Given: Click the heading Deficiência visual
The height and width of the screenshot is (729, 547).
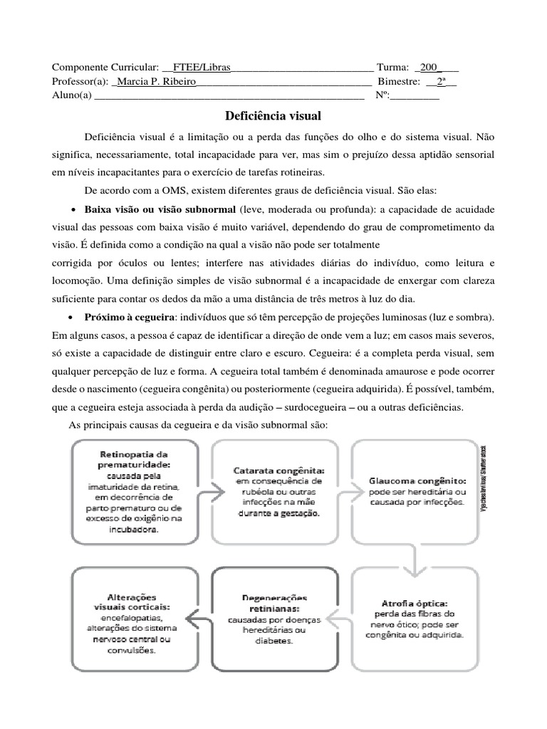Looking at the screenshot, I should coord(273,115).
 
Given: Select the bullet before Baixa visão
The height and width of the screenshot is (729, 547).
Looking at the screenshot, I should coord(75,211).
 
